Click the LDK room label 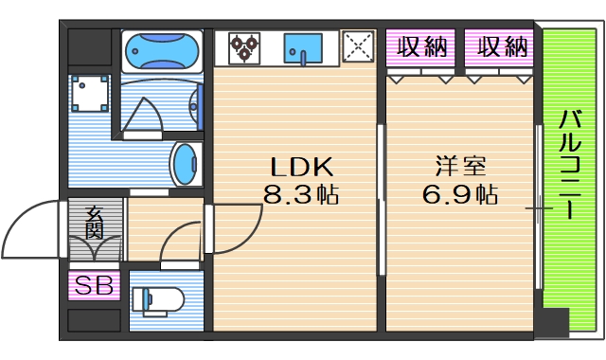pos(302,168)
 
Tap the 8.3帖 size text pos(301,196)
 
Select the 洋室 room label pos(461,168)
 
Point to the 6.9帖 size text pos(461,196)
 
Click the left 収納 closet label pos(422,46)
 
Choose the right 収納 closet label pos(502,46)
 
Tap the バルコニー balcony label pos(570,165)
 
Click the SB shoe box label pos(93,284)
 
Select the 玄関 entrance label pos(94,224)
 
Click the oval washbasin pos(185,164)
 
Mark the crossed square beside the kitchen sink pos(358,45)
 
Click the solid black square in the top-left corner pos(91,45)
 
